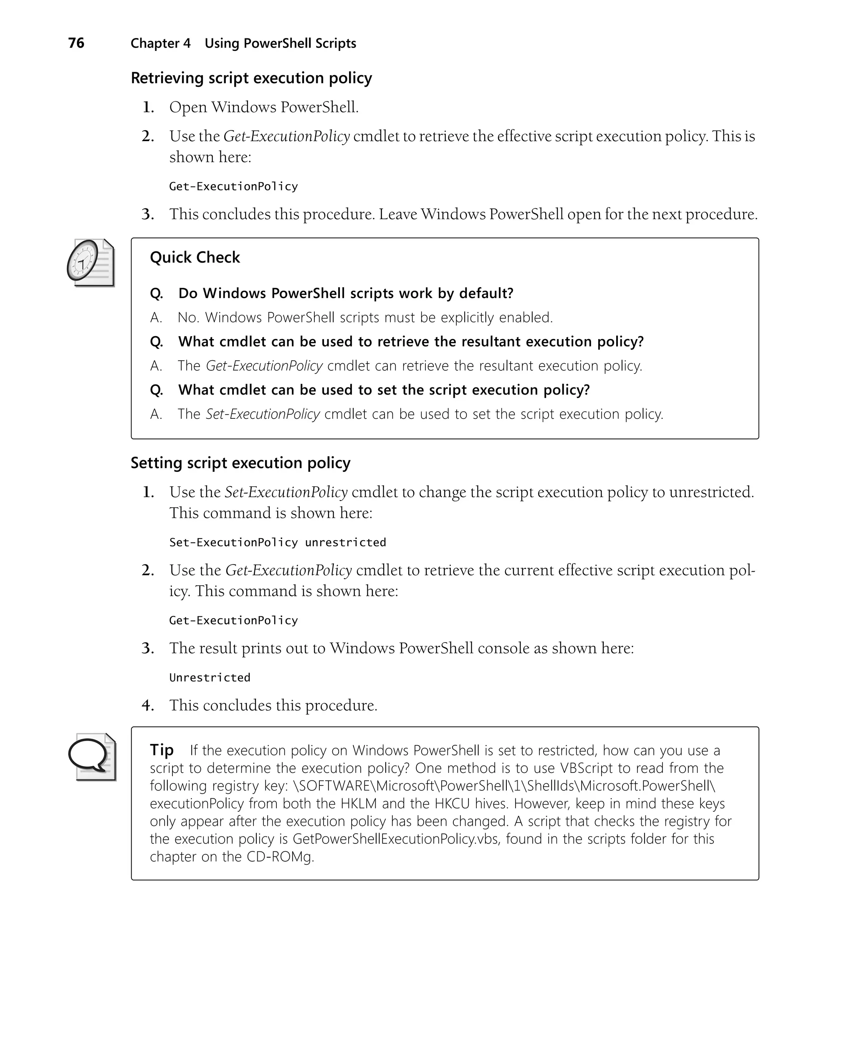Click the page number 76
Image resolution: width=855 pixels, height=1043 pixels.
tap(76, 43)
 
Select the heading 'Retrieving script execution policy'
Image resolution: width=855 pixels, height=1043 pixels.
tap(251, 78)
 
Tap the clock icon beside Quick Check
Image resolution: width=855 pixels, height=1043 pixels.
tap(90, 263)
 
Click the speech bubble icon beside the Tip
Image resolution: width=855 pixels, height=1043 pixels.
tap(91, 757)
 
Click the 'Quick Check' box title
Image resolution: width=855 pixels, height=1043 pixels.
tap(195, 257)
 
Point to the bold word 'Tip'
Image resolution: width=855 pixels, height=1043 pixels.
tap(162, 749)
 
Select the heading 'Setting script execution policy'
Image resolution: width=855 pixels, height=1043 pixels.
tap(240, 463)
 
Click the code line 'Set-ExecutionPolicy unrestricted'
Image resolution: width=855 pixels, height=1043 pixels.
tap(277, 542)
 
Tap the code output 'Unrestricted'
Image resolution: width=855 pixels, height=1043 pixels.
tap(210, 678)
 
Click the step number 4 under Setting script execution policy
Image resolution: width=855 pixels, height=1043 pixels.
tap(147, 705)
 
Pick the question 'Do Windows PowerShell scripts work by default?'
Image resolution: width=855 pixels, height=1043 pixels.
tap(346, 293)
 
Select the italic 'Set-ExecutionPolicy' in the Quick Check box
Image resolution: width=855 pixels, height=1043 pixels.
tap(263, 414)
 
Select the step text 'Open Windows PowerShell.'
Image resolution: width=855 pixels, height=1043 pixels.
tap(263, 107)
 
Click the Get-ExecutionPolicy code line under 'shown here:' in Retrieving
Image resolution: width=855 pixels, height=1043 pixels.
tap(233, 186)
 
